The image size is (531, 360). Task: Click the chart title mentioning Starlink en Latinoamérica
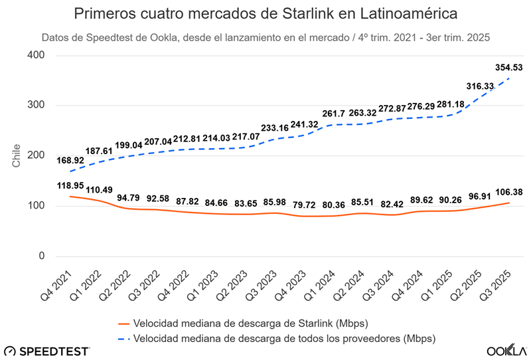pos(265,13)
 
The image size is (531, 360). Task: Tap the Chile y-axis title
pos(16,155)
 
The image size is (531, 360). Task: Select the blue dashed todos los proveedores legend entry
pos(276,339)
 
